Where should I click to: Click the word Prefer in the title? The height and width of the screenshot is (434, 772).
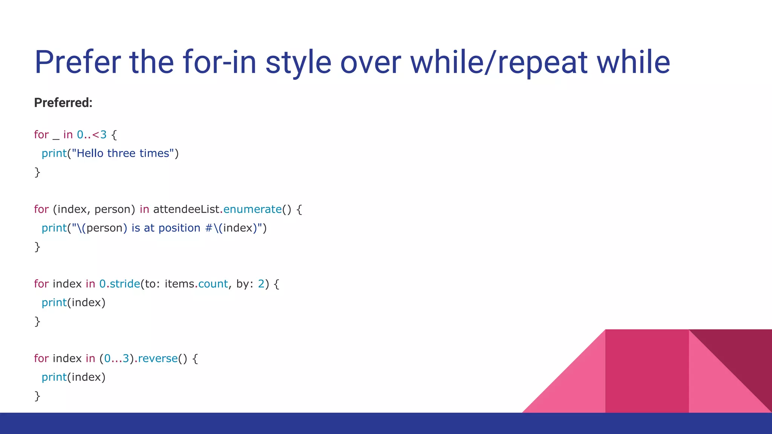coord(78,62)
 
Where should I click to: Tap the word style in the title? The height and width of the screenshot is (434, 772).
coord(298,62)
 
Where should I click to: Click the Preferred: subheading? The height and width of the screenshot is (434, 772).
coord(63,103)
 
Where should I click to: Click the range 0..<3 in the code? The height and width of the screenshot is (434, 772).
coord(92,135)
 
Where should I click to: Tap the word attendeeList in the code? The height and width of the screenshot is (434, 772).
coord(186,209)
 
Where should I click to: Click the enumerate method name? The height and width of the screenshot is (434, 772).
coord(252,209)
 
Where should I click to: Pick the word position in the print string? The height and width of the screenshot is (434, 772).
coord(179,228)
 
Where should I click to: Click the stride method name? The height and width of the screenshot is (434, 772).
coord(125,284)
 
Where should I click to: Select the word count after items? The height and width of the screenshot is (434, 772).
coord(213,284)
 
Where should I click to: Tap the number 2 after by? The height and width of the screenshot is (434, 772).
coord(261,284)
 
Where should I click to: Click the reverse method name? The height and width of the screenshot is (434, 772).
coord(158,359)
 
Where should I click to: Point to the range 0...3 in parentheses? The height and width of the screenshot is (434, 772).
coord(116,359)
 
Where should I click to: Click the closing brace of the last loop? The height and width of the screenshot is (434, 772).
coord(37,396)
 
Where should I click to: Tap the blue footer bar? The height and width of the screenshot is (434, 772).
coord(386,423)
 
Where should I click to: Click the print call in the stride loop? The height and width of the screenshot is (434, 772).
coord(54,303)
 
